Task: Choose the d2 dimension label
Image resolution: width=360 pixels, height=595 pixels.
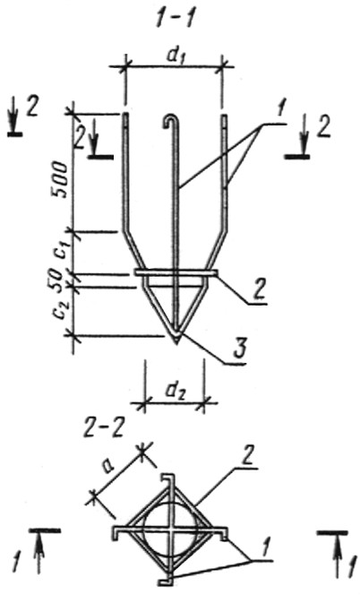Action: click(175, 390)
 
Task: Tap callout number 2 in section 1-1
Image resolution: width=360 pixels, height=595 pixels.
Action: click(260, 290)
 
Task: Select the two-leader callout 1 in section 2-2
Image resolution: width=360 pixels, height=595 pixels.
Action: click(266, 549)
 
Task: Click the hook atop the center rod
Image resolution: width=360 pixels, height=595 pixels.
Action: click(171, 122)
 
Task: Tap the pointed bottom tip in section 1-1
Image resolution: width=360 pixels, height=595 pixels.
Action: click(176, 344)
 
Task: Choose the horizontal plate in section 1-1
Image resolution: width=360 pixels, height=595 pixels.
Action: click(176, 272)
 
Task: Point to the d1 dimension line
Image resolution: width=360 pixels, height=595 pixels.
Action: click(174, 67)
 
